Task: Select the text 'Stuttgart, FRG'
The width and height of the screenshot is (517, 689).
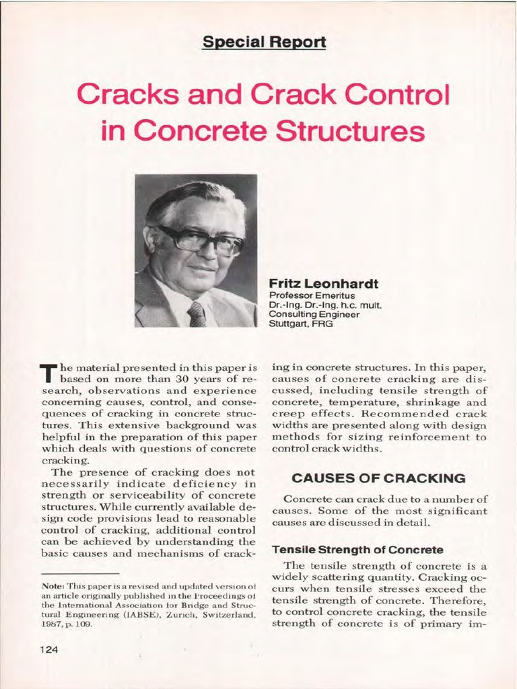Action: coord(300,323)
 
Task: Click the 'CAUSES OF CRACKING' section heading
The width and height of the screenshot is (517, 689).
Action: coord(378,478)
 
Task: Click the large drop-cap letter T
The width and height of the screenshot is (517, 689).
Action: coord(46,372)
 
